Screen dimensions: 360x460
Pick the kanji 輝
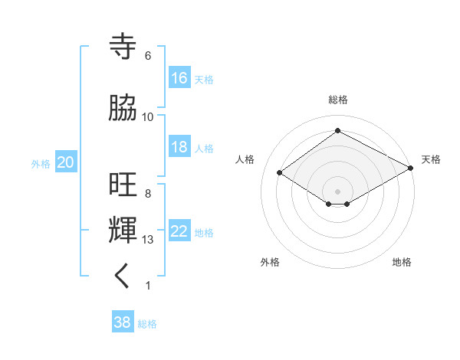pyautogui.click(x=125, y=230)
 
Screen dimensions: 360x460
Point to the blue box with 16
pyautogui.click(x=179, y=78)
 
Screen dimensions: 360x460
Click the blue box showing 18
pyautogui.click(x=179, y=147)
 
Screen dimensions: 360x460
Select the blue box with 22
pyautogui.click(x=179, y=231)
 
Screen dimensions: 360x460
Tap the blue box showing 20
pyautogui.click(x=66, y=162)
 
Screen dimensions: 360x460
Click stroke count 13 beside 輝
pyautogui.click(x=148, y=240)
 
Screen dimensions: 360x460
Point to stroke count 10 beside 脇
pyautogui.click(x=148, y=117)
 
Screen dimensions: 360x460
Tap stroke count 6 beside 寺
pyautogui.click(x=148, y=56)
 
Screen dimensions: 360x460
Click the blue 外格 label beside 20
pyautogui.click(x=41, y=163)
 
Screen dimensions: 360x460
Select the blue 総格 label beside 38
pyautogui.click(x=147, y=324)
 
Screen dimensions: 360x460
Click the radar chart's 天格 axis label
pyautogui.click(x=431, y=160)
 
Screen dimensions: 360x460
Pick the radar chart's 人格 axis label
pyautogui.click(x=245, y=160)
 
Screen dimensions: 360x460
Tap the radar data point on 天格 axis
pyautogui.click(x=411, y=169)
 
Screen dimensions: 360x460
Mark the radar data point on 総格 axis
pyautogui.click(x=337, y=131)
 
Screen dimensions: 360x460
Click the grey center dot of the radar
pyautogui.click(x=337, y=190)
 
